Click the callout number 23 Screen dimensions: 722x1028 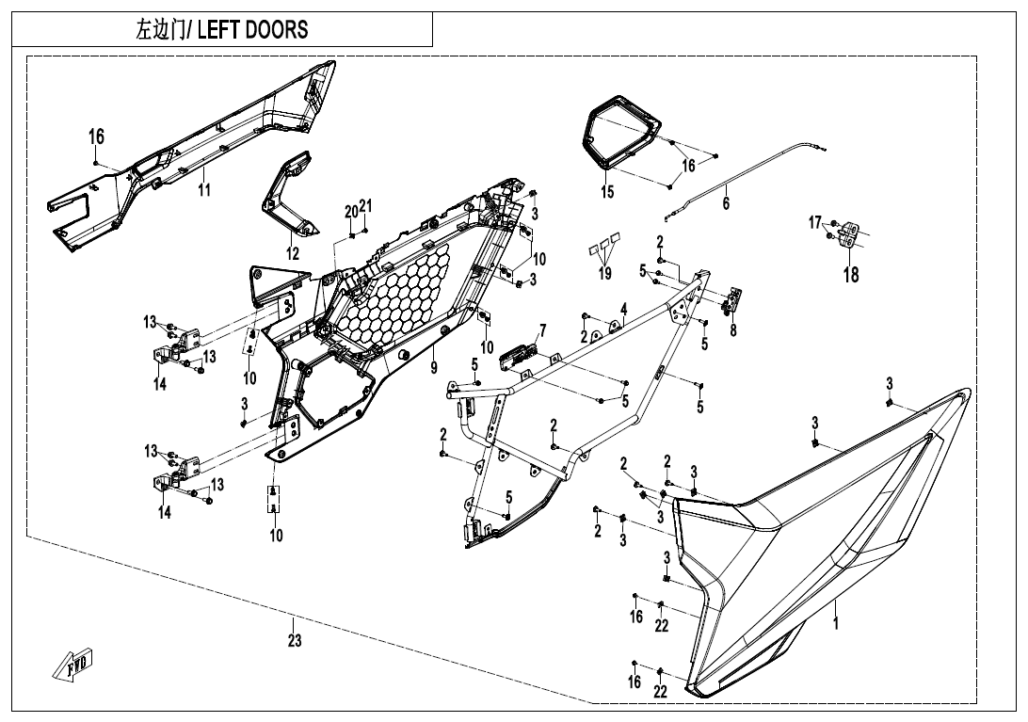pos(295,641)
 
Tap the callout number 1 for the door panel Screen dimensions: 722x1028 pos(836,623)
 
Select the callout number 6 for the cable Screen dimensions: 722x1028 pos(726,204)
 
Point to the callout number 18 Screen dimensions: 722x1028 pos(850,276)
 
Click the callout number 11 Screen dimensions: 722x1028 pos(204,189)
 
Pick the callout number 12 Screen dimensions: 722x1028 pos(293,253)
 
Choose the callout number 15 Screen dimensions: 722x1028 pos(607,192)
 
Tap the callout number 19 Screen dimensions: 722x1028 pos(605,274)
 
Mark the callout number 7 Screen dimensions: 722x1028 pos(542,330)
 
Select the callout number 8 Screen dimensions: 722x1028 pos(733,330)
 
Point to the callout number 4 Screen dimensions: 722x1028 pos(623,309)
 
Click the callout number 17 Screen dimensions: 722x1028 pos(815,222)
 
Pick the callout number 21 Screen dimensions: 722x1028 pos(366,206)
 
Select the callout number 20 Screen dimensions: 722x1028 pos(350,212)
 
